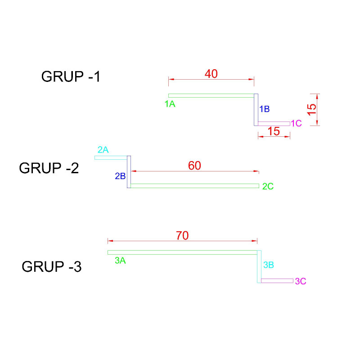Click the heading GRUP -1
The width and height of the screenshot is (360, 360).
point(71,77)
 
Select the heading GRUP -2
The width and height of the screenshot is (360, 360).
point(49,168)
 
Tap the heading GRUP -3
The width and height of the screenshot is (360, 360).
point(51,267)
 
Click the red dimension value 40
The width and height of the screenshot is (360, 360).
point(211,74)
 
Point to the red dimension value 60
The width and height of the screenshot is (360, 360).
point(194,166)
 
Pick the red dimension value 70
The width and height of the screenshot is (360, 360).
point(182,235)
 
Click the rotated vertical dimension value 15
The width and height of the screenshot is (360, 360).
point(312,109)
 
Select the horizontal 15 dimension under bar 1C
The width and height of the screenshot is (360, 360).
point(274,132)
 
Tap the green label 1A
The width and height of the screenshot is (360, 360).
point(170,104)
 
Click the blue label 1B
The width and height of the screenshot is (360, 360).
point(264,109)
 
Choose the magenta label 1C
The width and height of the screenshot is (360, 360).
point(296,123)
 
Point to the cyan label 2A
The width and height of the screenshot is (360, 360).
point(103,150)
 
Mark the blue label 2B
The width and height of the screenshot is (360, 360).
point(120,176)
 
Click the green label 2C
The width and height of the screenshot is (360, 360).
point(268,186)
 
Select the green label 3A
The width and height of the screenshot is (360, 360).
point(120,260)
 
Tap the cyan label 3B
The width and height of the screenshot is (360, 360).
point(268,265)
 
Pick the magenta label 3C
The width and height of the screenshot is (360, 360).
point(301,282)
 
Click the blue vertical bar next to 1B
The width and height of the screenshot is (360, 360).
point(256,110)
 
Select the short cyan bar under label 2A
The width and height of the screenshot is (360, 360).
point(111,157)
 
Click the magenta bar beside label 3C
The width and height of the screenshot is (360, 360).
point(277,281)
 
